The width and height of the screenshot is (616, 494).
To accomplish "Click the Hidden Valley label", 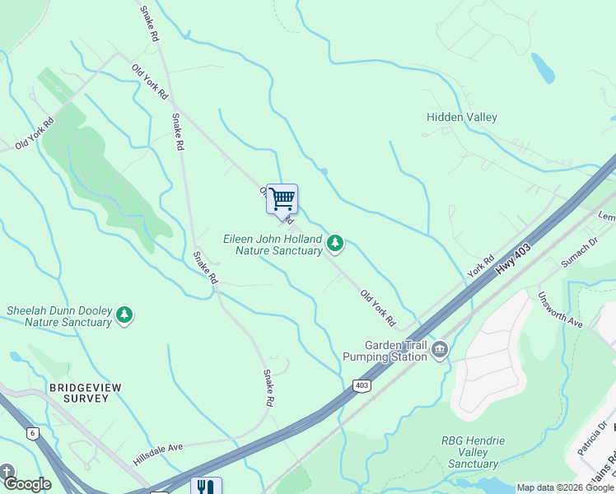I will [x=461, y=117].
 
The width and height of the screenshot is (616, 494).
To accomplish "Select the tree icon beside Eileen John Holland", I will [x=334, y=243].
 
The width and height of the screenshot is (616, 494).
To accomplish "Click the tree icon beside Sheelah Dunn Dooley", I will [x=124, y=315].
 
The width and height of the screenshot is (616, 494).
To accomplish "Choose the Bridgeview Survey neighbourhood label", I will [x=78, y=392].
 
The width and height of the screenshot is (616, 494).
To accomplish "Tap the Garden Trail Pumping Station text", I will [x=397, y=351].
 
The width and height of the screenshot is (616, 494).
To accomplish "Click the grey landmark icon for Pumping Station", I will [x=440, y=351].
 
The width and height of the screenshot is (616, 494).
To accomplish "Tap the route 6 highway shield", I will [x=32, y=432].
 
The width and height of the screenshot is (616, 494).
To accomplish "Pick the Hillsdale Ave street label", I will [x=158, y=446].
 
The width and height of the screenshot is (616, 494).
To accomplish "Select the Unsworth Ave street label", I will [x=560, y=310].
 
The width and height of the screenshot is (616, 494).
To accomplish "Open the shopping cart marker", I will [x=282, y=198].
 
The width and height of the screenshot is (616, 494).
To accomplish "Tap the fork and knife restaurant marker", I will [x=205, y=487].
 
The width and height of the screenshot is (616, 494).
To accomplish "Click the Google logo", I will [x=26, y=484].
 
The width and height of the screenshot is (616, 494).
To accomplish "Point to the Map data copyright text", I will [x=565, y=487].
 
